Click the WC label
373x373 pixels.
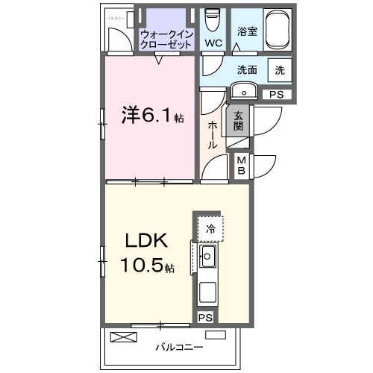215,43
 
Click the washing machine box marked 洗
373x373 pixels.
279,69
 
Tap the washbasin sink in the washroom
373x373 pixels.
244,91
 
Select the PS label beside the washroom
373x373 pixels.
277,94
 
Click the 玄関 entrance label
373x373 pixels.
239,120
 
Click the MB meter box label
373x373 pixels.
242,164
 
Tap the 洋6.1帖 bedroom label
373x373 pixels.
152,117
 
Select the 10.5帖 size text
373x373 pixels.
148,266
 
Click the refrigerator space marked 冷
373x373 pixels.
211,229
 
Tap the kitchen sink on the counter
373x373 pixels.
207,260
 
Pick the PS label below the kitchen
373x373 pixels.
205,317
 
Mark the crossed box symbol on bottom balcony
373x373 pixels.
124,337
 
